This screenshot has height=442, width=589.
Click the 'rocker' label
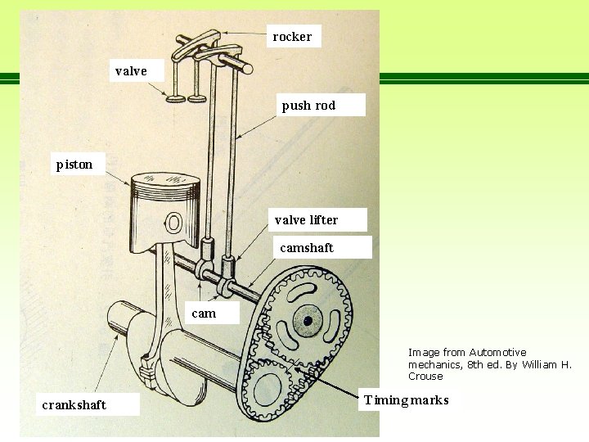293,36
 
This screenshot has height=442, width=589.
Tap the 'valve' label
132,71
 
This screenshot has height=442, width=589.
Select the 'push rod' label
309,105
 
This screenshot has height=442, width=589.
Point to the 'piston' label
74,165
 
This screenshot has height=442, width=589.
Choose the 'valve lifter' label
307,219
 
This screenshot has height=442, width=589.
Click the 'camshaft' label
307,247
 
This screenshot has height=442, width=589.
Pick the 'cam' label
204,313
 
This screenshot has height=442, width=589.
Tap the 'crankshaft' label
74,404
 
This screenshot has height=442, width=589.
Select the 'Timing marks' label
407,400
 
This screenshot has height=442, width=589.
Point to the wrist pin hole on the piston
173,222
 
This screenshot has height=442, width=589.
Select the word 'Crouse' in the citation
425,377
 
